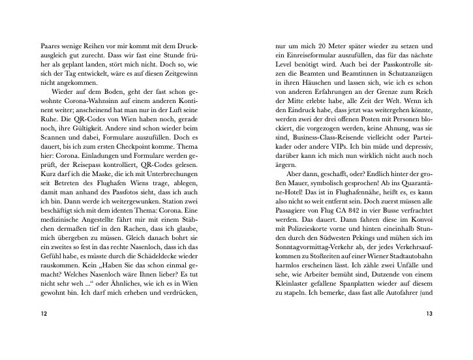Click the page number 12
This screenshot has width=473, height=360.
44,314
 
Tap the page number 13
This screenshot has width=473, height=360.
429,314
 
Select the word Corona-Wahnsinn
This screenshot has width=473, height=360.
97,102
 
